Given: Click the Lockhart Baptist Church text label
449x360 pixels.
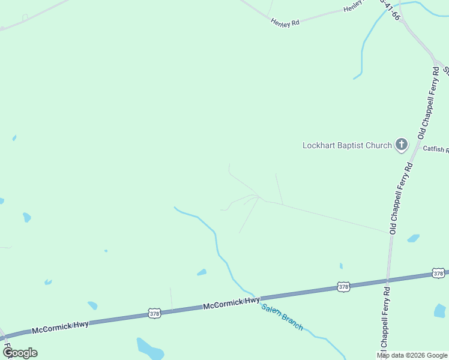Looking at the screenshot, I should (347, 145).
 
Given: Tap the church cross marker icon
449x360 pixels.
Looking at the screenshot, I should (402, 145).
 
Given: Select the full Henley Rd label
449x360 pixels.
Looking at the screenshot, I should (285, 23).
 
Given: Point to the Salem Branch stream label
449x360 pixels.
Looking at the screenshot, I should (282, 317).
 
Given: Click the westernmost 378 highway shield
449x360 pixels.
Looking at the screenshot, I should (154, 313).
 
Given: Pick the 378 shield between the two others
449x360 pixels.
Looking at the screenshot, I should (343, 287).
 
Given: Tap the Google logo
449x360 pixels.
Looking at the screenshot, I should (20, 353).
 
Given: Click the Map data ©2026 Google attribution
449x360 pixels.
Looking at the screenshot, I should (412, 355).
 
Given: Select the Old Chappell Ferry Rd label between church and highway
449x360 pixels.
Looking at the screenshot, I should (401, 198).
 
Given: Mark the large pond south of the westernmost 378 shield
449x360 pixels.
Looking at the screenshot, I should (149, 349).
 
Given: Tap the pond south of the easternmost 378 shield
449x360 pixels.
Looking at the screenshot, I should (440, 310).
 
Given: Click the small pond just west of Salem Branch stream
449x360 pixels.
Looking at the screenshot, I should (202, 272).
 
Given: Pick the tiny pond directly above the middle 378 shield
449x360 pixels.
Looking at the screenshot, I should (341, 266).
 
